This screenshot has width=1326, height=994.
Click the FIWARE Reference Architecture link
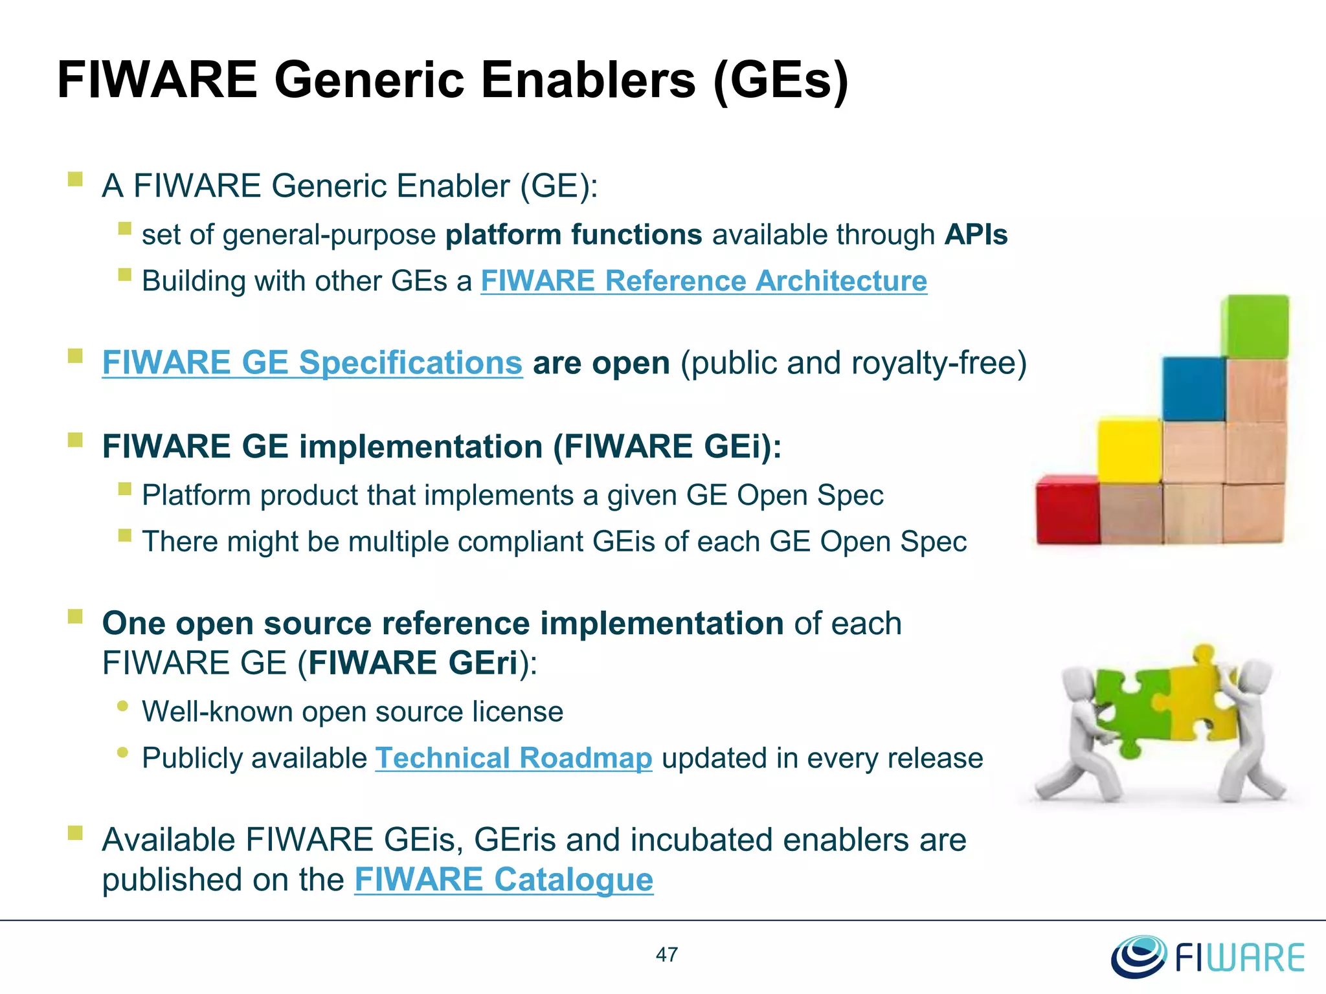(x=703, y=281)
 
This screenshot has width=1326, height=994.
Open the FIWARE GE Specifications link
(x=312, y=362)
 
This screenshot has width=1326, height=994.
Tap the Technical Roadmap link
(x=513, y=758)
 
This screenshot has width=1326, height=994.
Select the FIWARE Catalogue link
(x=504, y=879)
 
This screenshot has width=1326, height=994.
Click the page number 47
(x=667, y=955)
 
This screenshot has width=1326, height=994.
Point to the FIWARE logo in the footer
(x=1208, y=956)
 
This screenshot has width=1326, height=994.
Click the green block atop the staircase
(x=1255, y=326)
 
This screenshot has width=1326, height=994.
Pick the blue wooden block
(x=1193, y=389)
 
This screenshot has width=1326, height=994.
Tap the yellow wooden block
(x=1129, y=450)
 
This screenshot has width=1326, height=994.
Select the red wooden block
(x=1067, y=510)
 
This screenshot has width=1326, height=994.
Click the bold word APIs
(x=976, y=235)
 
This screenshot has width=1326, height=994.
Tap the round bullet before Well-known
(x=123, y=706)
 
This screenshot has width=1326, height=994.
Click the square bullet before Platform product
(x=125, y=489)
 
